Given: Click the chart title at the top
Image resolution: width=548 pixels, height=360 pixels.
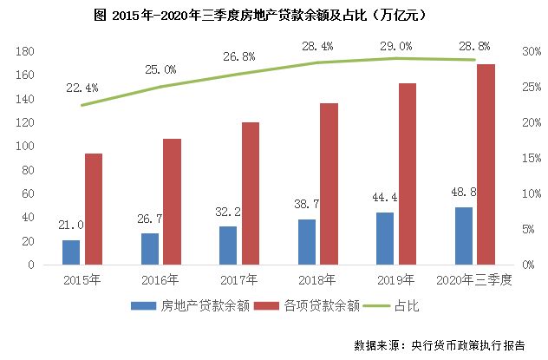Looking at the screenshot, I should [x=274, y=16].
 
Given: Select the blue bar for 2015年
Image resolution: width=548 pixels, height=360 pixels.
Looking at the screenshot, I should [x=71, y=252].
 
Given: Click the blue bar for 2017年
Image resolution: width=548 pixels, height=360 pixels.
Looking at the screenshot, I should [x=228, y=245].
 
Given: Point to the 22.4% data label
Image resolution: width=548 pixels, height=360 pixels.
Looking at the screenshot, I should [x=82, y=88].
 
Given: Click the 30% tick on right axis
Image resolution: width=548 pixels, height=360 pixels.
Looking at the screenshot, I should [x=525, y=52].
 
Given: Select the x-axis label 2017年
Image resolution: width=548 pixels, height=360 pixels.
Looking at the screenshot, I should [x=239, y=280].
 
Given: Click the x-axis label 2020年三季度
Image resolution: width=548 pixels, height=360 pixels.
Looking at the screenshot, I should [x=475, y=280].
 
